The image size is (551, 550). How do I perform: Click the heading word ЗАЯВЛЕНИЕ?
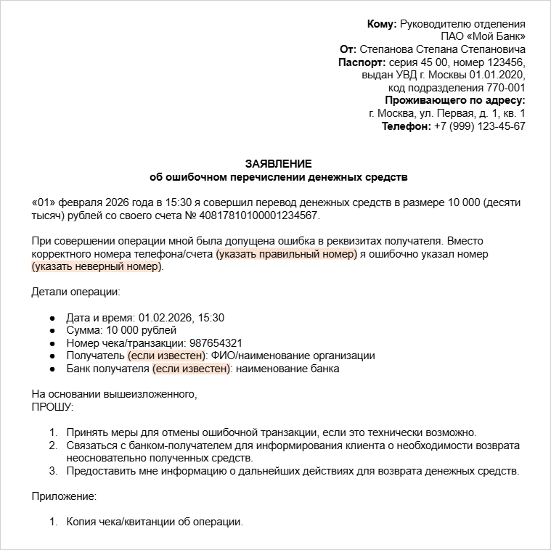278,163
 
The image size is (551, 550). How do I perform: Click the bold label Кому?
382,24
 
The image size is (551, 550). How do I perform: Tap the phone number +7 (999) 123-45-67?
479,126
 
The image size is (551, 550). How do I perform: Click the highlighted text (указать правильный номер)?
286,254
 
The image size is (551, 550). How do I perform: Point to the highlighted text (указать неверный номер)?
97,267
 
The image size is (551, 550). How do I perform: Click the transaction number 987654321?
216,343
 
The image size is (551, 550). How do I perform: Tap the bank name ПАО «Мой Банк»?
483,37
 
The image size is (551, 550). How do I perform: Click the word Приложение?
64,496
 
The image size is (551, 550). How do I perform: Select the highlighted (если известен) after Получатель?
167,356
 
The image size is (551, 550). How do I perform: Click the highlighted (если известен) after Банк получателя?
192,369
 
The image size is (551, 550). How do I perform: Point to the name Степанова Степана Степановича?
443,49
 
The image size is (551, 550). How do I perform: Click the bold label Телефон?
406,126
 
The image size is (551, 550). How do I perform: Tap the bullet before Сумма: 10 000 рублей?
52,331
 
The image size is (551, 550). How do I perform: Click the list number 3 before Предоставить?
52,471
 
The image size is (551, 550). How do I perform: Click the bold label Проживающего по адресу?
454,100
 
